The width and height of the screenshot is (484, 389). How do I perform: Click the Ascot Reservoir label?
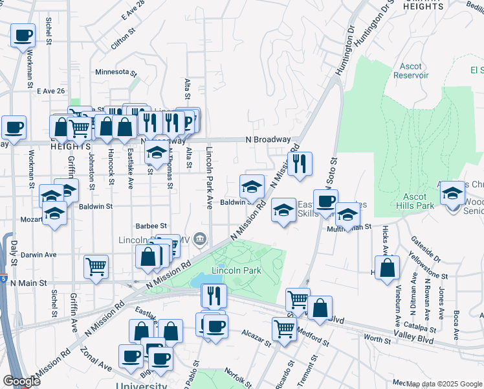pos(411,71)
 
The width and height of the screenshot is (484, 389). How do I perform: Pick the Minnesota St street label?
pos(116,72)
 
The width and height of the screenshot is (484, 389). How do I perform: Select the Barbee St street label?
pos(152,226)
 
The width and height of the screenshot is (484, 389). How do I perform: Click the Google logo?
pos(21,381)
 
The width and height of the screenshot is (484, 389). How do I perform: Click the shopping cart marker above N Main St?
pos(96,265)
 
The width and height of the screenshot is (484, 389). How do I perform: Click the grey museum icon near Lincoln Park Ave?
pos(200,241)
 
